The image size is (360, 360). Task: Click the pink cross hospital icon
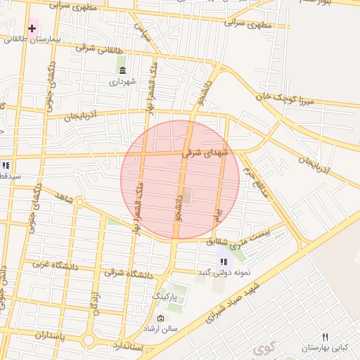pyautogui.click(x=32, y=28)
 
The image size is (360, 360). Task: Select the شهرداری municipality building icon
pyautogui.click(x=123, y=70)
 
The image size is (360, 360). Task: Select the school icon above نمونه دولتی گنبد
pyautogui.click(x=224, y=262)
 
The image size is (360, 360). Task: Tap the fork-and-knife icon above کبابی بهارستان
pyautogui.click(x=325, y=337)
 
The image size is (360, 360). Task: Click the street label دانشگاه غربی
pyautogui.click(x=55, y=265)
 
